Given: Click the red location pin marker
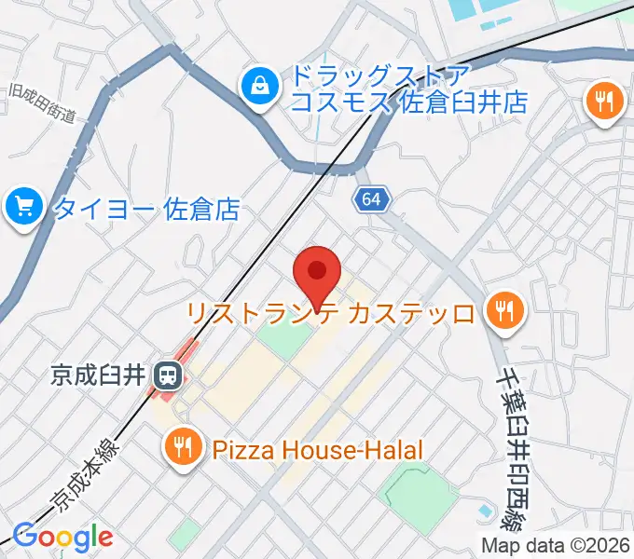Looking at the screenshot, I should (317, 273).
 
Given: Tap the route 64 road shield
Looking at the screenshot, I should (371, 199).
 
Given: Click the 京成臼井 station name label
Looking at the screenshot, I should (99, 375).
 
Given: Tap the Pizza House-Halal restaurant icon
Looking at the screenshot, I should (182, 449).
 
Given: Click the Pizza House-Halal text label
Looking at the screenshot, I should (318, 450).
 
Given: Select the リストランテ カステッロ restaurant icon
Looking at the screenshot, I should (505, 310).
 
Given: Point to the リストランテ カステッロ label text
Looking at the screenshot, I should (331, 312).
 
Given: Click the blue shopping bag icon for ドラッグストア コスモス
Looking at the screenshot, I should (256, 89).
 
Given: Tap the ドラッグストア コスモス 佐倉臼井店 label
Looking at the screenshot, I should (409, 89).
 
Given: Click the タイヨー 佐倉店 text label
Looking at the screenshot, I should (145, 208).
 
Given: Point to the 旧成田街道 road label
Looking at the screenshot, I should (40, 103).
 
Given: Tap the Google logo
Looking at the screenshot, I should (62, 537).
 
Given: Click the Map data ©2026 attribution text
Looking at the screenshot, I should (557, 545).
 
